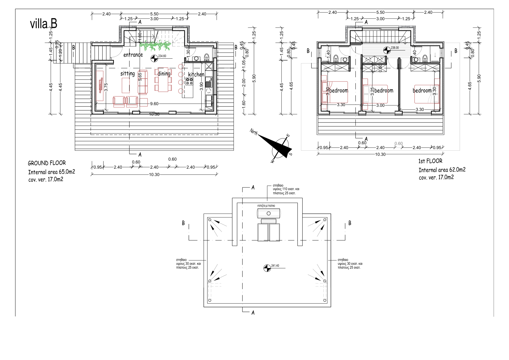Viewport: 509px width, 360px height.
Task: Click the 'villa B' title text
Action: (x=44, y=24)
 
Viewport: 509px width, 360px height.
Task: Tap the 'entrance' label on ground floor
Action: (x=133, y=55)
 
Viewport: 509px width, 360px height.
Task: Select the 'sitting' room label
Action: (x=128, y=74)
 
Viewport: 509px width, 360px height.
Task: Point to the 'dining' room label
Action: (x=164, y=74)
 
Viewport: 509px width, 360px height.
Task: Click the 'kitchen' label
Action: (x=196, y=75)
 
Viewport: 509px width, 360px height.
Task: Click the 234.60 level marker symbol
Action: (x=154, y=58)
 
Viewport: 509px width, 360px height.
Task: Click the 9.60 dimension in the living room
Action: (x=154, y=104)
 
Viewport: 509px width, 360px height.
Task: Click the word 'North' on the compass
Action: (x=254, y=131)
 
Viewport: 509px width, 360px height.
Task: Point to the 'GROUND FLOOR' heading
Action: (x=47, y=163)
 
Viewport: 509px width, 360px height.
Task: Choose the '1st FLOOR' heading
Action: (x=430, y=161)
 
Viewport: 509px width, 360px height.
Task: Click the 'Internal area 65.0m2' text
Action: (x=51, y=172)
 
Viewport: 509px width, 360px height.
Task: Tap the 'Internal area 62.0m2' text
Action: (x=442, y=170)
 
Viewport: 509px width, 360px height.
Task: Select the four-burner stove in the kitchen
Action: (x=189, y=81)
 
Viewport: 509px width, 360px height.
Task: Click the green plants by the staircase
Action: (x=156, y=46)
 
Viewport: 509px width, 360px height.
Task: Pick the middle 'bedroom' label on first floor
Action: (x=384, y=91)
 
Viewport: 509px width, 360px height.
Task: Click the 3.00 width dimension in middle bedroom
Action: (x=380, y=105)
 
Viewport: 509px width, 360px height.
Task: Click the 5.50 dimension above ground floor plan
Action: (x=154, y=14)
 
